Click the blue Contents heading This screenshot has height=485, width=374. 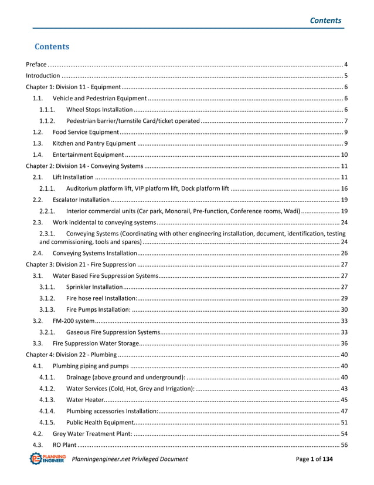coord(52,46)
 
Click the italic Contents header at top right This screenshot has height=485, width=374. coord(325,20)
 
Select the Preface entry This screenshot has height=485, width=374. coord(36,63)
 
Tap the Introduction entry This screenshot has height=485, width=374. coord(43,75)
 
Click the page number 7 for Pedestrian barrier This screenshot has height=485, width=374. coord(346,120)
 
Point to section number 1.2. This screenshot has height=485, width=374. coord(37,132)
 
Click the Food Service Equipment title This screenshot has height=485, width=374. coord(86,132)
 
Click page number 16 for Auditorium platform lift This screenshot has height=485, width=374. coord(345,188)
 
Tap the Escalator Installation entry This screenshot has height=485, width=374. coord(81,200)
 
